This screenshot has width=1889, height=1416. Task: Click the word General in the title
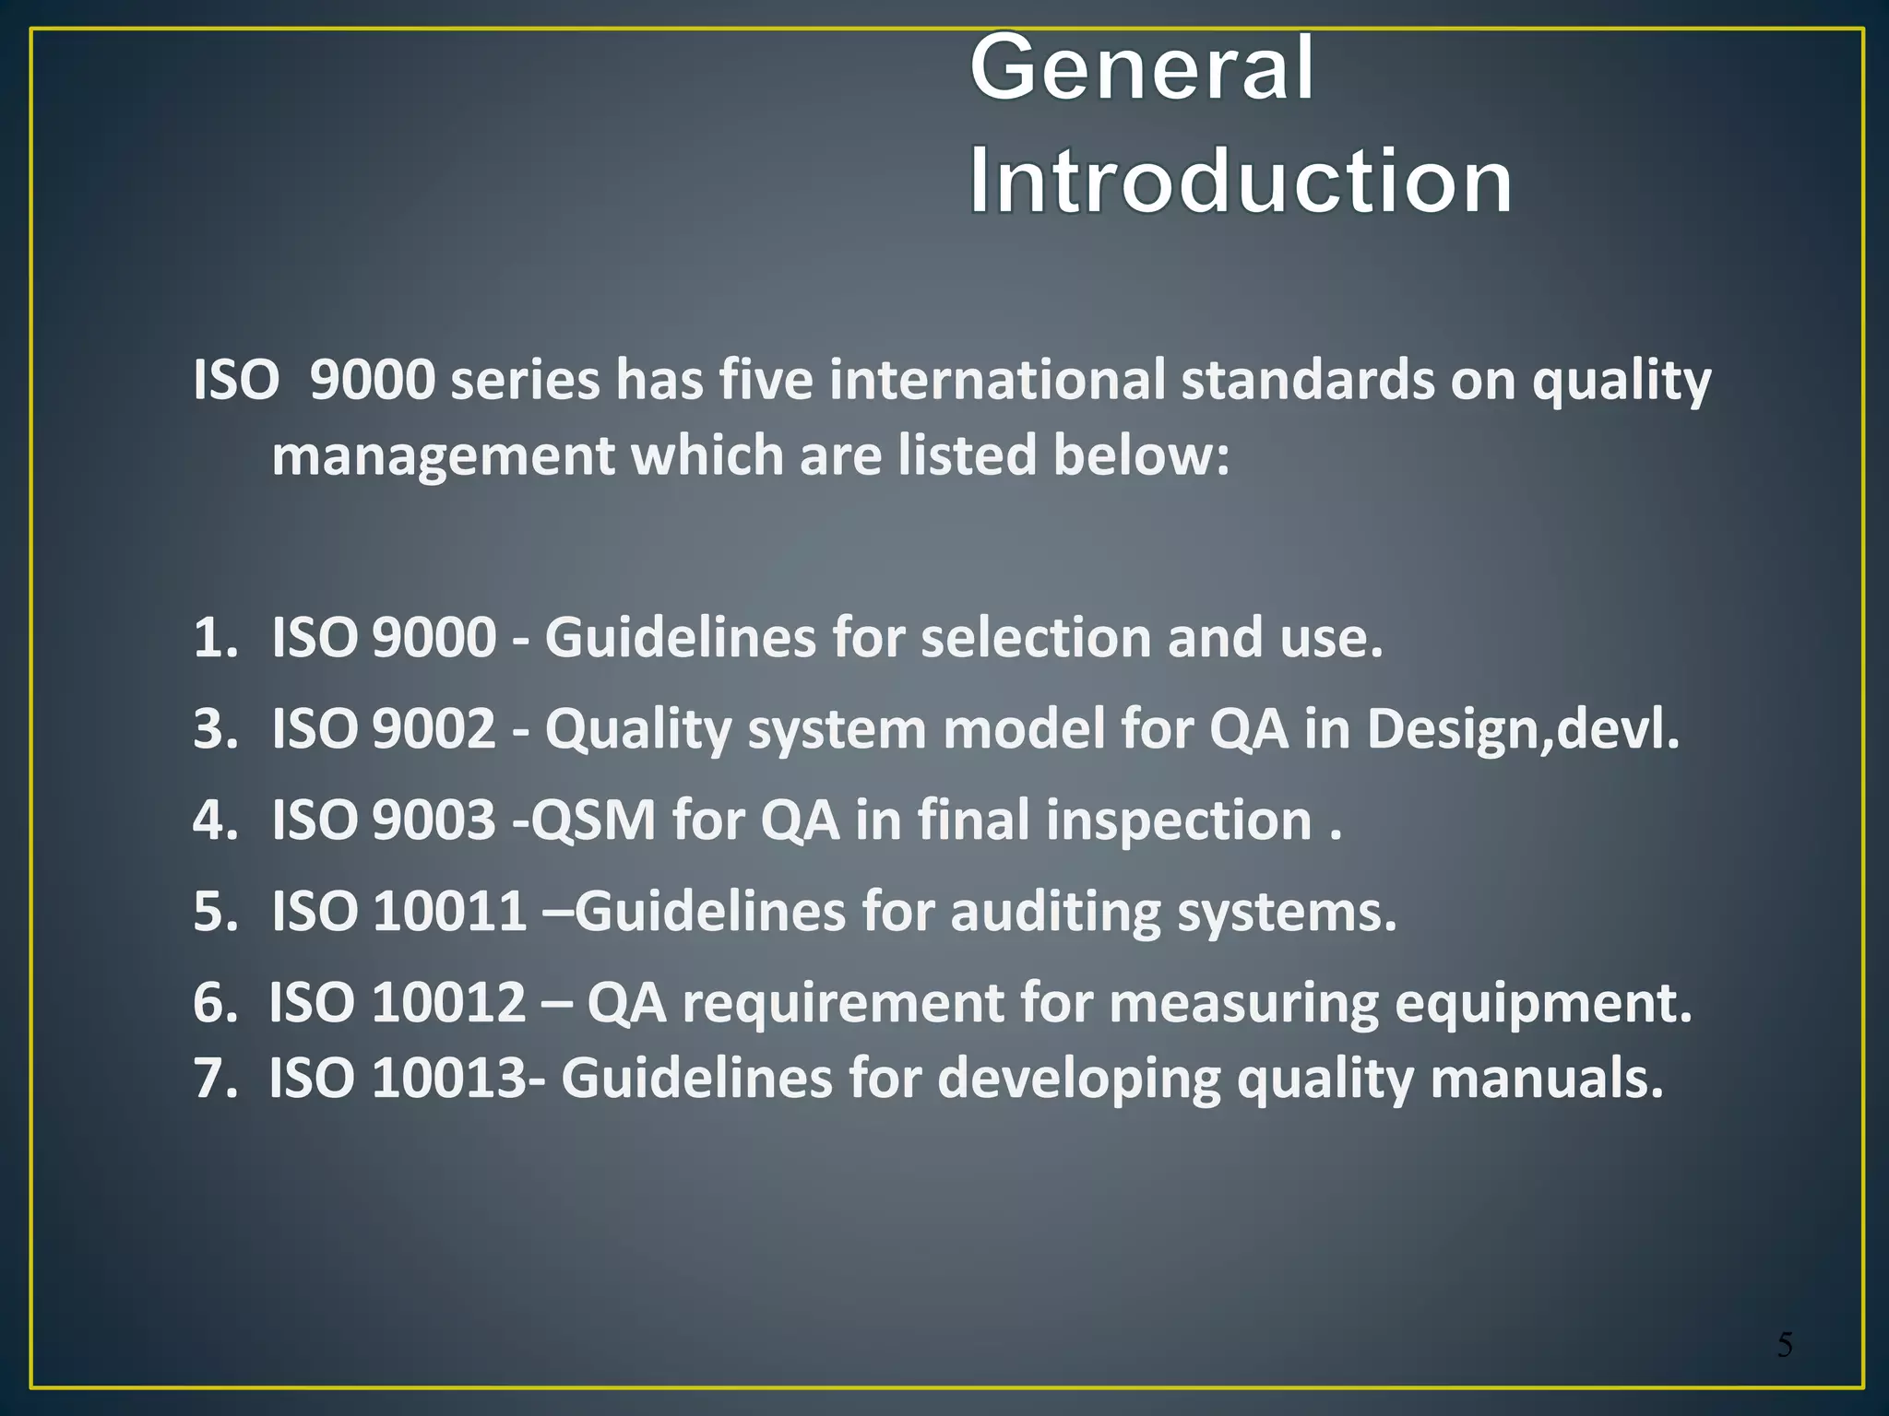click(1142, 68)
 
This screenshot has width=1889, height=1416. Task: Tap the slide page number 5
click(1785, 1345)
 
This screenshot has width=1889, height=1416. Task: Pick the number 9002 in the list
click(434, 729)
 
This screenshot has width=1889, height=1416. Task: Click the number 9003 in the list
click(434, 820)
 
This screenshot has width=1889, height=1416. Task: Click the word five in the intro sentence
click(766, 380)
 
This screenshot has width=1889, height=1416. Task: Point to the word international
click(997, 380)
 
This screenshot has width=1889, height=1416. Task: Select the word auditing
click(1055, 911)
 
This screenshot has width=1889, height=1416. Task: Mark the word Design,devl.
click(1523, 729)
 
